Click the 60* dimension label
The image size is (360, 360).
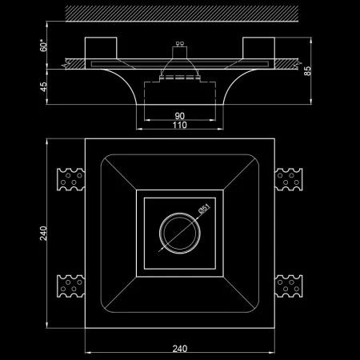pyautogui.click(x=43, y=46)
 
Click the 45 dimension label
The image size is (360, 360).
pyautogui.click(x=43, y=87)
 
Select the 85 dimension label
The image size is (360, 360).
pyautogui.click(x=307, y=71)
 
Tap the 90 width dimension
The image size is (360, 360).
pyautogui.click(x=180, y=116)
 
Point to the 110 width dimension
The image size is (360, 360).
pyautogui.click(x=180, y=125)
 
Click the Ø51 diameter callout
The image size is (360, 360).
pyautogui.click(x=205, y=209)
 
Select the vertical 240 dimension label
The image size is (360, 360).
pyautogui.click(x=43, y=234)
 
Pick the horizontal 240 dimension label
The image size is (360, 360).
pyautogui.click(x=180, y=349)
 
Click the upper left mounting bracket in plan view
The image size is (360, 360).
pyautogui.click(x=71, y=179)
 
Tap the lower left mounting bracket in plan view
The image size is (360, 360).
pyautogui.click(x=71, y=286)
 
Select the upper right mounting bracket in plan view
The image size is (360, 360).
pyautogui.click(x=289, y=179)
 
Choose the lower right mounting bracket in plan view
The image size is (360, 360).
pyautogui.click(x=289, y=286)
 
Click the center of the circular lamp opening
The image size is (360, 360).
pyautogui.click(x=180, y=234)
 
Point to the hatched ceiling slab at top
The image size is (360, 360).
pyautogui.click(x=182, y=14)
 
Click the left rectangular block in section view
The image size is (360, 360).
pyautogui.click(x=101, y=48)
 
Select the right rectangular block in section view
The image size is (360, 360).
pyautogui.click(x=258, y=48)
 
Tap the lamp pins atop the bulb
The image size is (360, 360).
pyautogui.click(x=180, y=43)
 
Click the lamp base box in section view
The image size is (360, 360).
pyautogui.click(x=180, y=53)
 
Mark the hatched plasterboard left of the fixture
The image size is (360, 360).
pyautogui.click(x=74, y=64)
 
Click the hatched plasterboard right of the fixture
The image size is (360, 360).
pyautogui.click(x=287, y=64)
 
